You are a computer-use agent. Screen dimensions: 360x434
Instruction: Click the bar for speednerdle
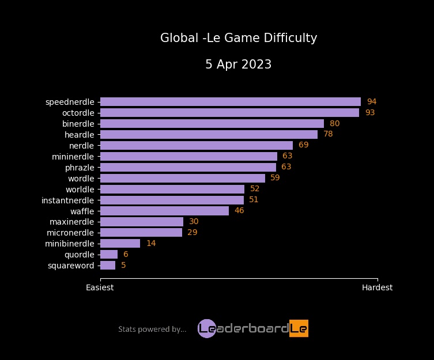point(231,102)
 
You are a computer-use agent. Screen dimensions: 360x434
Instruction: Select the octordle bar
point(229,113)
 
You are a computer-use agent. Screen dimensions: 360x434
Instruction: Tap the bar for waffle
point(164,211)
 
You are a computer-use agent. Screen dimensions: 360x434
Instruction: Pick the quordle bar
point(109,255)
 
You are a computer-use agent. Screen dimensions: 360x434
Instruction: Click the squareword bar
point(108,266)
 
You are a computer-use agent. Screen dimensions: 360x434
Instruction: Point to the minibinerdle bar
point(120,244)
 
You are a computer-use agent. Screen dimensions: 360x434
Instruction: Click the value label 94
point(371,102)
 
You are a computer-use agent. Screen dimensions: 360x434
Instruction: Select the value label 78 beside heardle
point(328,134)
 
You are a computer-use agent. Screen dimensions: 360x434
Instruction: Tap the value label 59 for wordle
point(275,178)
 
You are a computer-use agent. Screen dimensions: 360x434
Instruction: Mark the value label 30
point(194,222)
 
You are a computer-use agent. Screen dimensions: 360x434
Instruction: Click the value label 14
point(151,244)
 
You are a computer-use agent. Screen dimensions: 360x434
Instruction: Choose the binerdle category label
point(78,124)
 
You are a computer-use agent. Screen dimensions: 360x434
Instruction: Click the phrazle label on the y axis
point(80,168)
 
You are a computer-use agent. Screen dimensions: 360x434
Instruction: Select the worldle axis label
point(80,190)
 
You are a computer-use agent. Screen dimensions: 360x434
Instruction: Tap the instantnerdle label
point(67,200)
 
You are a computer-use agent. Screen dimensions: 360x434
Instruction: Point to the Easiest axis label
point(100,287)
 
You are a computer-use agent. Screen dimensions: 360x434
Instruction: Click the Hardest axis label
point(377,287)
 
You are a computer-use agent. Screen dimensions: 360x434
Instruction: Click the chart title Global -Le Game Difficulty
point(239,39)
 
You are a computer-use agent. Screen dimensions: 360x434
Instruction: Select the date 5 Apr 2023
point(239,65)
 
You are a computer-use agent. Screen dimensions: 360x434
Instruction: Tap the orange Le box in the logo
point(299,328)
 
